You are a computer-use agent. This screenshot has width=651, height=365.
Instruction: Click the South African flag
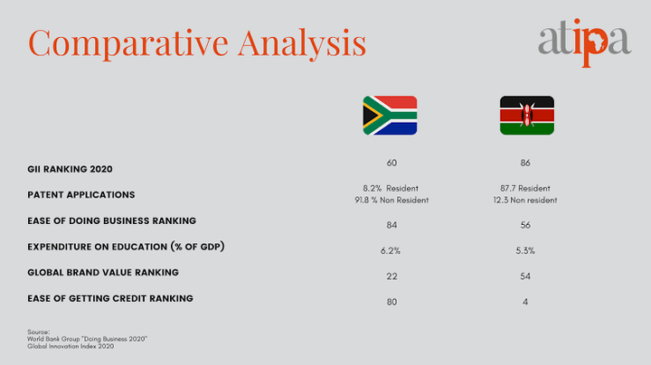tap(390, 116)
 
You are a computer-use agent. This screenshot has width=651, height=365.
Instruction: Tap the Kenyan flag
tap(527, 116)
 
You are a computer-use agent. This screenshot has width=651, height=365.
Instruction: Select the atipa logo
tap(585, 42)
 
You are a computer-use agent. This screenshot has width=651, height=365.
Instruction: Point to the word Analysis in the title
tap(302, 43)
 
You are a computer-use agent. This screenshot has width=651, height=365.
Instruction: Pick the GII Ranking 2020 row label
tap(70, 169)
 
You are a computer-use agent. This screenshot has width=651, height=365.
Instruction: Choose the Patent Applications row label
tap(81, 195)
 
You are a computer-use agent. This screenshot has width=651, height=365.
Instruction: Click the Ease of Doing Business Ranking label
tap(112, 220)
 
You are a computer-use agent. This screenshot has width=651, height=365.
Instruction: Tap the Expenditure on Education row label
tap(126, 247)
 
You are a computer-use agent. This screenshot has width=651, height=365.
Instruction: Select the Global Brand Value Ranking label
tap(103, 273)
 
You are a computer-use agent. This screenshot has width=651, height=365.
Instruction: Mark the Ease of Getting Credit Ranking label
tap(110, 299)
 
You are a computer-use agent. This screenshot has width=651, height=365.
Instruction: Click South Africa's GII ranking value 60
tap(392, 163)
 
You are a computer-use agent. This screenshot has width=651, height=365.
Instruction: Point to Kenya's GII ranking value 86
tap(525, 163)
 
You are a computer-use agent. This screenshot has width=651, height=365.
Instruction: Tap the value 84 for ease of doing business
tap(392, 225)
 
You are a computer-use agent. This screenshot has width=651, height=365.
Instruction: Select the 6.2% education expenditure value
tap(391, 251)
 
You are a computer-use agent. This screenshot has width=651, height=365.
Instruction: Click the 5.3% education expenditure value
tap(525, 251)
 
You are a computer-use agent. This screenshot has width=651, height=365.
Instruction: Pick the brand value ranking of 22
tap(392, 276)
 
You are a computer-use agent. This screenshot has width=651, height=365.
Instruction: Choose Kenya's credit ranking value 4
tap(525, 302)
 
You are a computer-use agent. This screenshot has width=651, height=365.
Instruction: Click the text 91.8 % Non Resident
tap(392, 201)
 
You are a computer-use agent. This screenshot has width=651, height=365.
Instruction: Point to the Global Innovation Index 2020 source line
tap(71, 346)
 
